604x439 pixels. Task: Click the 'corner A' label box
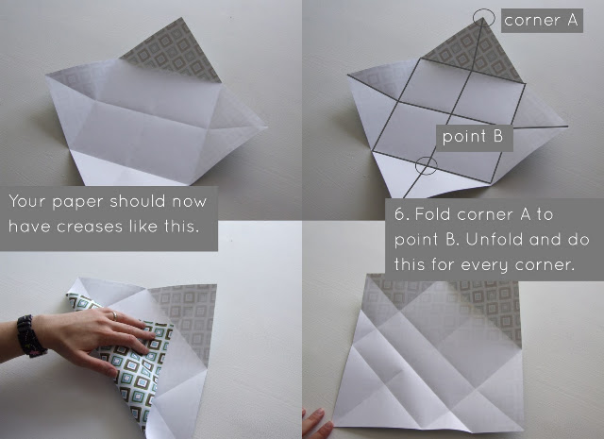point(542,21)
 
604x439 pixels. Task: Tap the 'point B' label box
point(474,138)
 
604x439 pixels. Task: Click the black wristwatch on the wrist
point(30,336)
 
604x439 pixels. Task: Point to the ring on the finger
point(114,315)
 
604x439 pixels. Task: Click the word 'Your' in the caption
point(27,202)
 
